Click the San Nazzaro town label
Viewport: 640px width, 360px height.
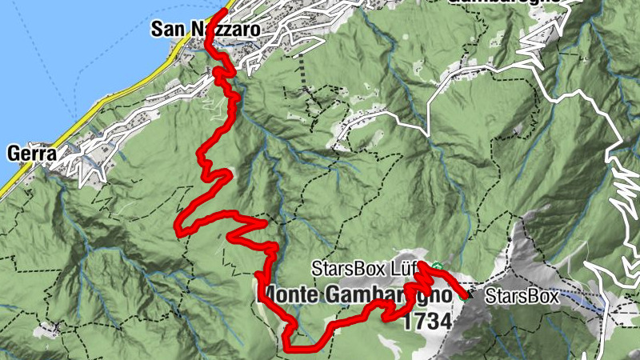tap(206, 30)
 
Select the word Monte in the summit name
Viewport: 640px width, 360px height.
tap(292, 293)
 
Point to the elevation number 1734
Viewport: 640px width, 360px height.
tap(428, 321)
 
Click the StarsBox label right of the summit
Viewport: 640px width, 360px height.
tap(521, 296)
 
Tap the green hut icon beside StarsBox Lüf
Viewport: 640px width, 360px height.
tap(437, 266)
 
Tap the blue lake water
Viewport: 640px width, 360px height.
tap(48, 64)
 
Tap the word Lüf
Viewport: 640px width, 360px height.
tap(419, 267)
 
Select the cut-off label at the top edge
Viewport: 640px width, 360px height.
tap(504, 2)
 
